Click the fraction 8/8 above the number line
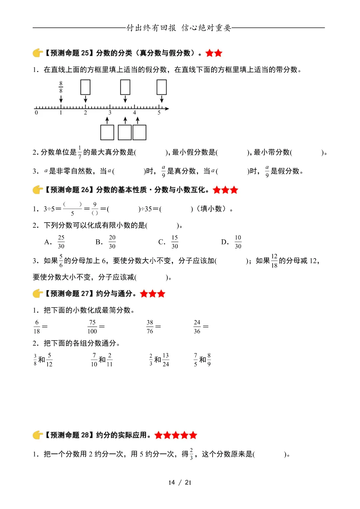(61, 87)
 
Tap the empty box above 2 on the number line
(85, 87)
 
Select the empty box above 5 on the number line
(162, 87)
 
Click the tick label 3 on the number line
(110, 113)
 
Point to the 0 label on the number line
(36, 113)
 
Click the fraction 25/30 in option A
(61, 242)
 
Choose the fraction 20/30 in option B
(112, 242)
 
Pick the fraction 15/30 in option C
(175, 242)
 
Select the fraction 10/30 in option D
(238, 242)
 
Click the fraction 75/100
(92, 327)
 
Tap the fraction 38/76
(150, 327)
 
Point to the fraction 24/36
(197, 327)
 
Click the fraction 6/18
(37, 327)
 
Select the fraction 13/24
(166, 360)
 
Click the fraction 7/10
(94, 360)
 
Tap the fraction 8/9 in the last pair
(209, 360)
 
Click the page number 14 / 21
(180, 482)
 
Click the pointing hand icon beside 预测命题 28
(38, 435)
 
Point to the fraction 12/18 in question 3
(274, 261)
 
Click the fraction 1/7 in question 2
(80, 152)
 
